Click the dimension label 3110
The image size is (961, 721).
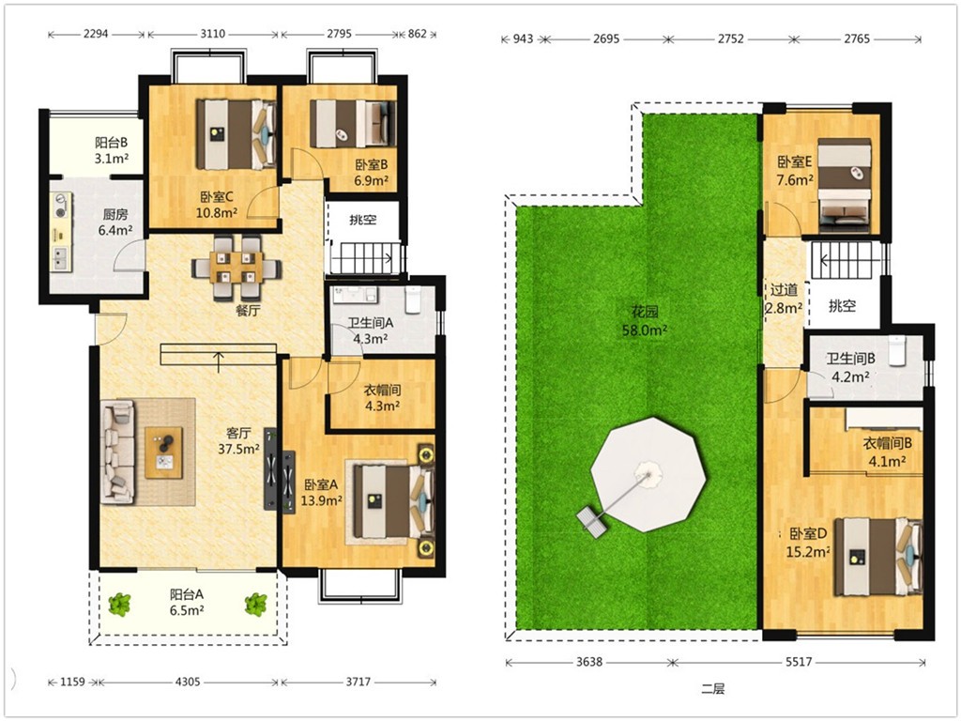click(213, 34)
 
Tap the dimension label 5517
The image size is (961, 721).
click(799, 662)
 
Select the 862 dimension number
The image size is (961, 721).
click(417, 34)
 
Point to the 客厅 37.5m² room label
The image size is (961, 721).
click(238, 441)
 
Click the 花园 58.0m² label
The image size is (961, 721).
click(645, 321)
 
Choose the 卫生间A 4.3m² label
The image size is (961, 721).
click(370, 330)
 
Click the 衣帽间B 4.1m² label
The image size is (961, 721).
click(888, 451)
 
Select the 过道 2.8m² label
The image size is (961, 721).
click(784, 299)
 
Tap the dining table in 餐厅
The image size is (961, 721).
click(236, 268)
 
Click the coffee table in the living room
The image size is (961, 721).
click(163, 453)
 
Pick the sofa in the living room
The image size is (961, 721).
click(117, 452)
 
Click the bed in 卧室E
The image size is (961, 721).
click(845, 185)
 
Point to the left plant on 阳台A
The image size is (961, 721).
click(120, 605)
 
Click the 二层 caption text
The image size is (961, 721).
click(713, 688)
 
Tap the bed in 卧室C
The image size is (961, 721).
click(236, 134)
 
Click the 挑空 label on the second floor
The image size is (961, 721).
click(842, 305)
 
